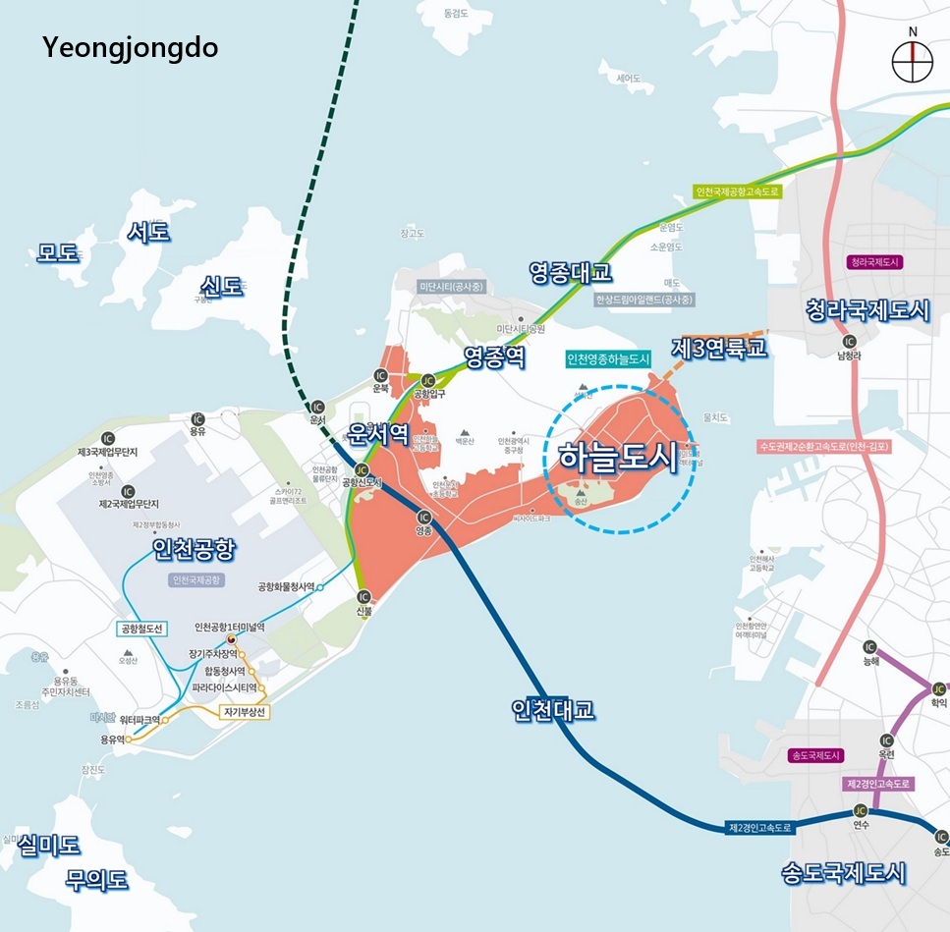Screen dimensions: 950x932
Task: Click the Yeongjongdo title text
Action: pyautogui.click(x=130, y=47)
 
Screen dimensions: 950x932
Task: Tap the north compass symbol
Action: pyautogui.click(x=912, y=60)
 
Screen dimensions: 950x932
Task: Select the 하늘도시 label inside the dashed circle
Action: pyautogui.click(x=618, y=458)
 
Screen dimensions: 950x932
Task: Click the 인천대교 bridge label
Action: pyautogui.click(x=553, y=709)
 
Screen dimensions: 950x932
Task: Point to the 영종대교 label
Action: pyautogui.click(x=570, y=271)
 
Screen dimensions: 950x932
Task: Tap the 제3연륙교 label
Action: pyautogui.click(x=719, y=348)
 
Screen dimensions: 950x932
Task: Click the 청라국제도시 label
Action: pyautogui.click(x=866, y=310)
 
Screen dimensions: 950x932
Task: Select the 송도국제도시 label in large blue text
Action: pyautogui.click(x=844, y=872)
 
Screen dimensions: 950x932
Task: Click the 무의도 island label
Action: pyautogui.click(x=97, y=879)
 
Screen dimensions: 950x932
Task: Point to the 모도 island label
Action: pyautogui.click(x=58, y=252)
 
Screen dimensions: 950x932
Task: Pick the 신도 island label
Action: pyautogui.click(x=221, y=286)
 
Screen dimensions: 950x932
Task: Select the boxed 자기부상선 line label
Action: pyautogui.click(x=246, y=711)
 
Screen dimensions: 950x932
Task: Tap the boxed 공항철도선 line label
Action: pyautogui.click(x=143, y=629)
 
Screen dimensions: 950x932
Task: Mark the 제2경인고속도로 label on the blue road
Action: pyautogui.click(x=759, y=828)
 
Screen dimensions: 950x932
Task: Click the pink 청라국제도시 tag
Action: pyautogui.click(x=875, y=262)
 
